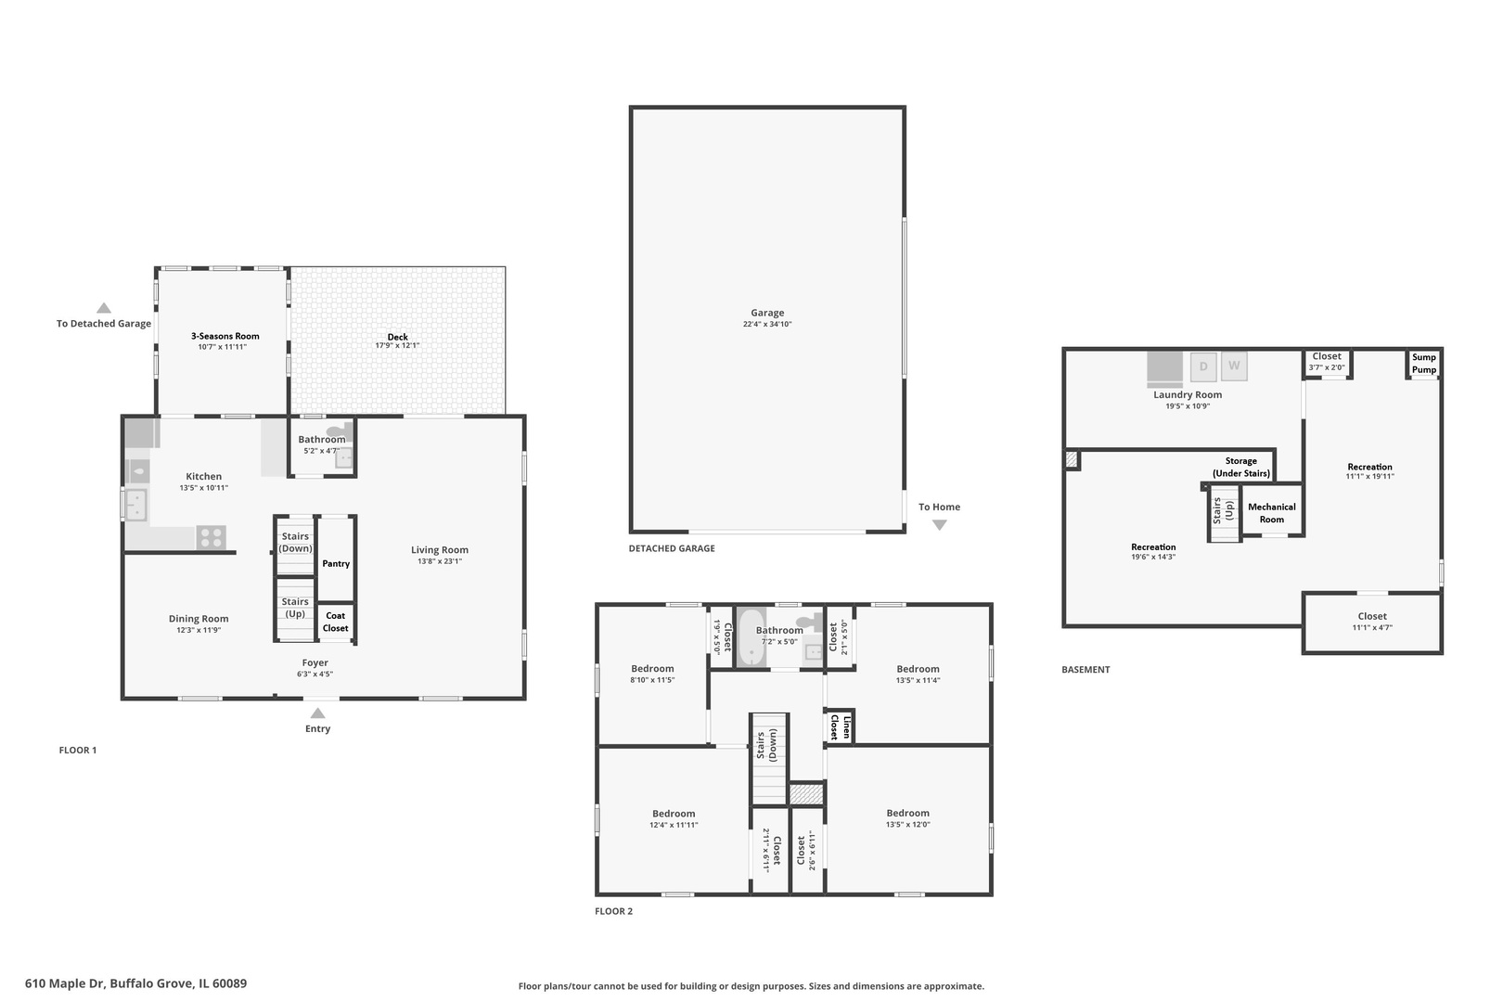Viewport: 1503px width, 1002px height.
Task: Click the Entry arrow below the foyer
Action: pyautogui.click(x=317, y=713)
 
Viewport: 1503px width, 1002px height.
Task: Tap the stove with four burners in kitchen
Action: pyautogui.click(x=211, y=537)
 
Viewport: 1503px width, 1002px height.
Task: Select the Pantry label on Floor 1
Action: pyautogui.click(x=336, y=563)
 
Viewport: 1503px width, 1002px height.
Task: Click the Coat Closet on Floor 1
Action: pyautogui.click(x=336, y=622)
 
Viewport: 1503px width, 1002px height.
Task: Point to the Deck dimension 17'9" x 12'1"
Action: pyautogui.click(x=397, y=346)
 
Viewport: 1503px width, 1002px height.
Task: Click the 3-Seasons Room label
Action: pyautogui.click(x=225, y=336)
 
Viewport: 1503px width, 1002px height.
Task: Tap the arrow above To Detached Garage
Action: pyautogui.click(x=104, y=308)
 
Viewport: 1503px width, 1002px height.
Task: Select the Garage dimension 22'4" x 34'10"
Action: pyautogui.click(x=767, y=324)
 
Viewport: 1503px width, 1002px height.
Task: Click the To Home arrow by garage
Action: pyautogui.click(x=939, y=525)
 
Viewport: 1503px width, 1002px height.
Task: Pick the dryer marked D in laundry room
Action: pyautogui.click(x=1203, y=366)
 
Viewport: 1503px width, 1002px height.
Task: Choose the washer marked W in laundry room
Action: pyautogui.click(x=1234, y=366)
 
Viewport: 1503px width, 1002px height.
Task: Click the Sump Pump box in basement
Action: pyautogui.click(x=1424, y=364)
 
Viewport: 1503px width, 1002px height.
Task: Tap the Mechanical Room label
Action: pyautogui.click(x=1272, y=513)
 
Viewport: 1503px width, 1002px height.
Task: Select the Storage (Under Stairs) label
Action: pyautogui.click(x=1240, y=467)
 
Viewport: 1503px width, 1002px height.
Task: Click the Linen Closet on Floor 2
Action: pyautogui.click(x=840, y=726)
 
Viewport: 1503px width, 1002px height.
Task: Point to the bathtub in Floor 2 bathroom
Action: pyautogui.click(x=751, y=637)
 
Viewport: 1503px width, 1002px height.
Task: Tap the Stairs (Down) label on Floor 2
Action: pyautogui.click(x=766, y=747)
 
